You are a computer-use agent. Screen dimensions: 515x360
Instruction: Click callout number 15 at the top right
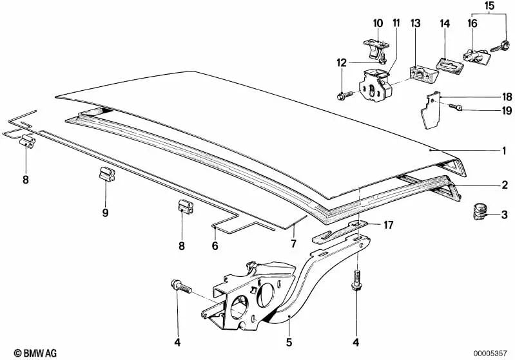point(489,6)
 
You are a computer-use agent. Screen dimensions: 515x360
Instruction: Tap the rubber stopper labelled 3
point(480,212)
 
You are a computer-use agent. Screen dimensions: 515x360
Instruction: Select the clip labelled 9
point(107,174)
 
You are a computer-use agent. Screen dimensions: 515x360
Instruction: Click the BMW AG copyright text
point(35,353)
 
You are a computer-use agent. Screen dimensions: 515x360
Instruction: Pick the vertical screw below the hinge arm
point(356,280)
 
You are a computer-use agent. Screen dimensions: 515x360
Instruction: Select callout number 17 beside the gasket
point(388,225)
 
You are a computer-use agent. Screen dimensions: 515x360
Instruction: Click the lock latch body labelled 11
point(374,85)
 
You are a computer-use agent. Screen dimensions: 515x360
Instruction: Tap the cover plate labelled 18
point(431,111)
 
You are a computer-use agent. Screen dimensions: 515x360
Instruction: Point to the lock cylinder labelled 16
point(476,57)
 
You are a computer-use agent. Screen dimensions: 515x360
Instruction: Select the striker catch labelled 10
point(375,49)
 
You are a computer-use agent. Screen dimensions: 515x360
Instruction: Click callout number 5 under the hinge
point(289,342)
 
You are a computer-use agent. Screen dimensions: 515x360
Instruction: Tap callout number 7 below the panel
point(294,243)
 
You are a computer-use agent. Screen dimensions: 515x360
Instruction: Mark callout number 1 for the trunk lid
point(504,151)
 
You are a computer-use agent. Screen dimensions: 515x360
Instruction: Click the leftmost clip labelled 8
point(27,142)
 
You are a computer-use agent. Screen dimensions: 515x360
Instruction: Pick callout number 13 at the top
point(416,23)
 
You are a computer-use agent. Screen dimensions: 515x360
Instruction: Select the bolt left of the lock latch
point(345,95)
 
